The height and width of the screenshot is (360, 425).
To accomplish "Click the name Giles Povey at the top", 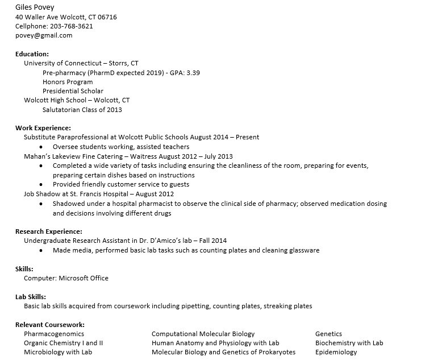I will point(35,7).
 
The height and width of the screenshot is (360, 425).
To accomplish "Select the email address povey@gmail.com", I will point(44,35).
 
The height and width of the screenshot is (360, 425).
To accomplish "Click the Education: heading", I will point(32,54).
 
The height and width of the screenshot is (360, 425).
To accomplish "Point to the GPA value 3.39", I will point(193,73).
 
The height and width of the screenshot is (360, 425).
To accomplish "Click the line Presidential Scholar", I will point(73,91).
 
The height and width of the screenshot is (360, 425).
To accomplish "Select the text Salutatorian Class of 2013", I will point(82,110).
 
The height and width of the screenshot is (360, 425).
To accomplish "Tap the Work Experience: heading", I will point(43,128).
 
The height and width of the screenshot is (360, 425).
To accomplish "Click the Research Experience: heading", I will point(49,231).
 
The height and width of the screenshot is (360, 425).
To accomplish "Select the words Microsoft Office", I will point(84,278).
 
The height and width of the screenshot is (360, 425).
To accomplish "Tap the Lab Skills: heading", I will point(31,297).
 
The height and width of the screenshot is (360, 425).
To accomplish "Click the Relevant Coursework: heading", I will point(50,325).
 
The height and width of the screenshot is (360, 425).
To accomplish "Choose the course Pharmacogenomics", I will point(54,334).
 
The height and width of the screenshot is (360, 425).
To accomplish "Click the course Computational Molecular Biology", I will point(203,334).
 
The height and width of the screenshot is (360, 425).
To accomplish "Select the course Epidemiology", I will point(336,352).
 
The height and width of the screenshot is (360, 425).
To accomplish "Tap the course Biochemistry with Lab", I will point(349,343).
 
